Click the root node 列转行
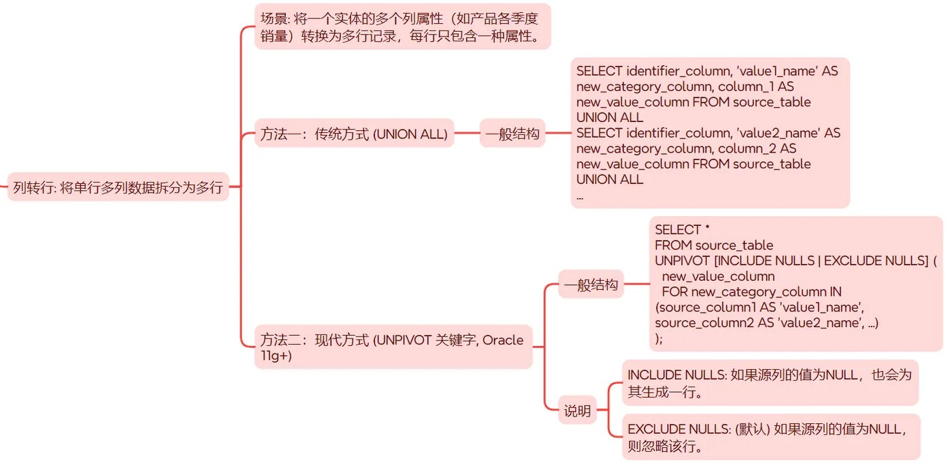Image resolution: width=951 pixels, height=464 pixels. pos(118,187)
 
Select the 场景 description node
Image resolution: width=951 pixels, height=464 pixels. pos(402,26)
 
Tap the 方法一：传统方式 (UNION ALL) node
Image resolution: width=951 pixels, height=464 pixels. pos(354,134)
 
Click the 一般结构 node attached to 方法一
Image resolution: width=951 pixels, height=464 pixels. pos(512,134)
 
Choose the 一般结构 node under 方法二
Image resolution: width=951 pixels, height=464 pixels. pos(590,285)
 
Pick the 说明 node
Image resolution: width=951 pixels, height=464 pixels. pos(577,410)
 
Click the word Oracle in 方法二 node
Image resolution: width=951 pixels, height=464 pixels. pos(503,339)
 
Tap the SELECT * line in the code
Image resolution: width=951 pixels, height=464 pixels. pos(682,230)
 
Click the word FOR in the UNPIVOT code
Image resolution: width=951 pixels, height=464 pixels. pos(675,292)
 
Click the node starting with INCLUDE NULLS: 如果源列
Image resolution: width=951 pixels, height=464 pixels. pos(770,383)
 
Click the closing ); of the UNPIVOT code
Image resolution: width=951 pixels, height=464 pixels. pos(659,338)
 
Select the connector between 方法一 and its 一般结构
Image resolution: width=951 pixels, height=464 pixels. pos(467,134)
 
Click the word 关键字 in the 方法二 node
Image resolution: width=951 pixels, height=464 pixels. pos(457,339)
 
